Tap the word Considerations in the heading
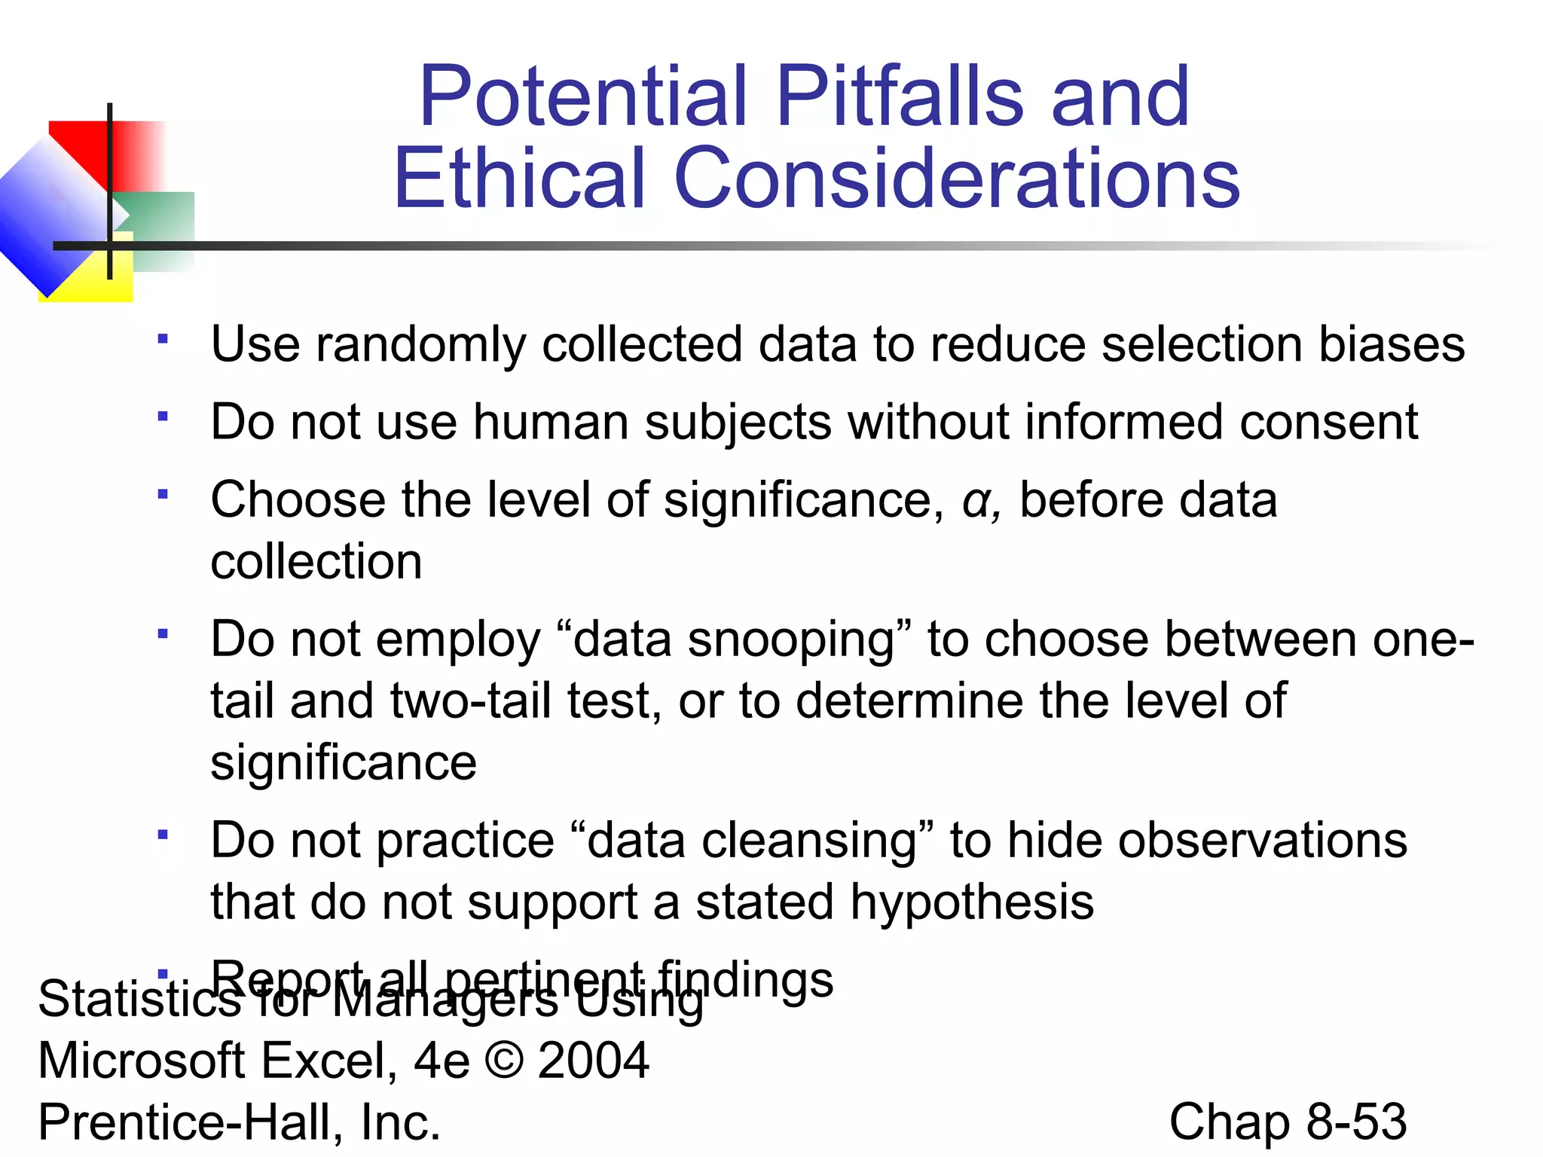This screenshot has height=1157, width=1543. coord(957,179)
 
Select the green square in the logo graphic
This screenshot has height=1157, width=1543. coord(162,226)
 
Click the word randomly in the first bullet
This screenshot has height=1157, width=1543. coord(420,345)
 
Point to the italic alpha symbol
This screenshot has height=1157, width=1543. coord(977,501)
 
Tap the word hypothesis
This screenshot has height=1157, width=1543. coord(972,903)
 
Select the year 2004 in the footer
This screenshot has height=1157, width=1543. coord(594,1061)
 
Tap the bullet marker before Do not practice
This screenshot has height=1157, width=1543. coord(162,835)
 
